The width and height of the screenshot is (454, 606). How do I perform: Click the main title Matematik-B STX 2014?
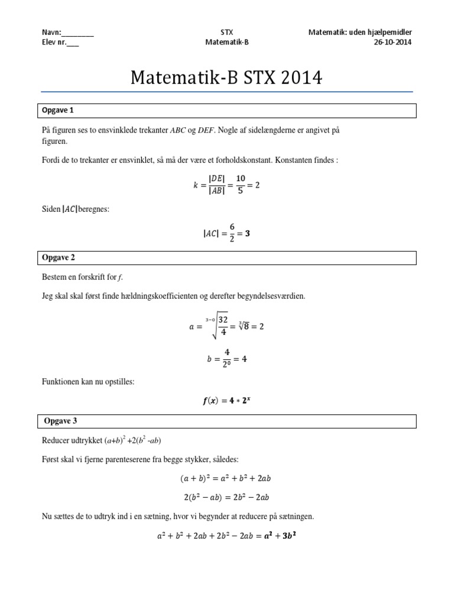226,78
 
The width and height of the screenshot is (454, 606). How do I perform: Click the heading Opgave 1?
58,111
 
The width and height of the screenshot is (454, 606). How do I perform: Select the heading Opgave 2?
58,257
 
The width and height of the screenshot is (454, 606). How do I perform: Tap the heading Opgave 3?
61,421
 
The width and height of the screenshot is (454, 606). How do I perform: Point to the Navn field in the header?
67,32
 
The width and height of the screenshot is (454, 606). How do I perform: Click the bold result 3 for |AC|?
247,233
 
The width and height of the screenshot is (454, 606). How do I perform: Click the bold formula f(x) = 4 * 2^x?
226,401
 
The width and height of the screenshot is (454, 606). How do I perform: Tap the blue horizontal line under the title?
226,92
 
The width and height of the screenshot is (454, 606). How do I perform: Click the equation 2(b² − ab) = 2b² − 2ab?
226,497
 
